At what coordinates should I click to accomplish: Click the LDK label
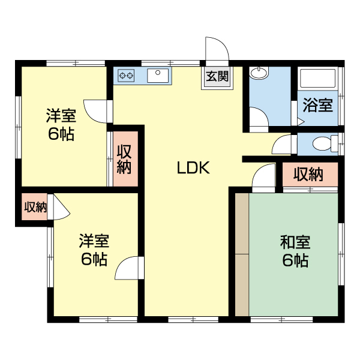tap(193, 169)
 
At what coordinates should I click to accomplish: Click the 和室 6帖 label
tap(295, 251)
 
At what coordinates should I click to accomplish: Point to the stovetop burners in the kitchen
tap(127, 76)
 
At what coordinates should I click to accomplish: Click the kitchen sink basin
tap(158, 75)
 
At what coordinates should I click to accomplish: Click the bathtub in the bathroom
tap(318, 79)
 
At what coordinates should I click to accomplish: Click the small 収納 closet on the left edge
tap(35, 208)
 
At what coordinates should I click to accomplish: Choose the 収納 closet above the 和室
tap(309, 175)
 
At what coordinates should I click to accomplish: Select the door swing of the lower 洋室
tap(128, 268)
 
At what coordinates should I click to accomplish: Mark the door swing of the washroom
tap(259, 118)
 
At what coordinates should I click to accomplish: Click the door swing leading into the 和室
tap(263, 178)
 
